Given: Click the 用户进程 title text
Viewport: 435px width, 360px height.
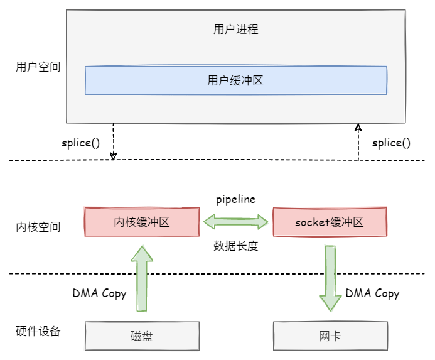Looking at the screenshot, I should point(236,29).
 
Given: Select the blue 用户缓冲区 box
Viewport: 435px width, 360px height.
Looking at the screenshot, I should point(236,80).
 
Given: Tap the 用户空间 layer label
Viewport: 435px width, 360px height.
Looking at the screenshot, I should point(38,66).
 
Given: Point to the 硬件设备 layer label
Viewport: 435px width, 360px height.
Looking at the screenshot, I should point(38,331).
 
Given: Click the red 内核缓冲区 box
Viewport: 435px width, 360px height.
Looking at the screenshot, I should point(141,222).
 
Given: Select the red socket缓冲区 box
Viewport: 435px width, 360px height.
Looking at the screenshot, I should point(330,222).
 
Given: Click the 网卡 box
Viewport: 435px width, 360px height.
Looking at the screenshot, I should point(330,336).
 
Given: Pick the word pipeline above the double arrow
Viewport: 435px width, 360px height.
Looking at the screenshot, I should point(236,199).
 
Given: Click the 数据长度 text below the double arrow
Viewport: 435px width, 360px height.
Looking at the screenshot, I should point(236,246).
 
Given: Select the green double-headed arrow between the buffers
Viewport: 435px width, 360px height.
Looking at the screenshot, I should point(236,221).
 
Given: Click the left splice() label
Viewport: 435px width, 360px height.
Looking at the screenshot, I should point(80,142).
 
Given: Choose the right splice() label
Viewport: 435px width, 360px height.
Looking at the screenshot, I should point(391,143).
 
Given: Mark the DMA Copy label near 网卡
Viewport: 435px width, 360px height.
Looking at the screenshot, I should point(372,293).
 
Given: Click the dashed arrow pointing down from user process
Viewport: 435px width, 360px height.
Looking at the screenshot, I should point(114,141).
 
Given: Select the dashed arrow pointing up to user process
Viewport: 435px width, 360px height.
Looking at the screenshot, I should point(358,141).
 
